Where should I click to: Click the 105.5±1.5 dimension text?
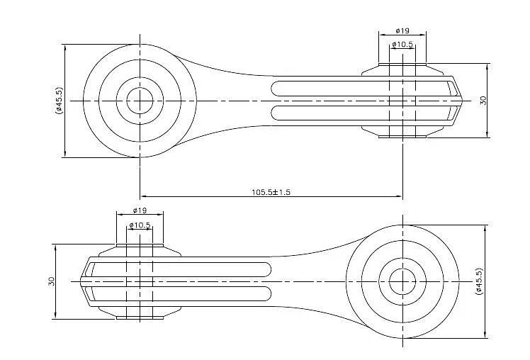click(271, 191)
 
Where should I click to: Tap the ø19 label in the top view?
click(402, 30)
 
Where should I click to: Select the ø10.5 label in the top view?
click(403, 45)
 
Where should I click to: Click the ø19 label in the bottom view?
click(140, 210)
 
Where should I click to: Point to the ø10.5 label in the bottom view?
click(140, 225)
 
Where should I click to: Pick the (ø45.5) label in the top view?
click(59, 101)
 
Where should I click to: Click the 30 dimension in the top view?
click(483, 100)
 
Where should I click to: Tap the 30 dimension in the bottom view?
click(51, 281)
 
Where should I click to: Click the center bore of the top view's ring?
click(140, 101)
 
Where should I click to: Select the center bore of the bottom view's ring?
click(402, 281)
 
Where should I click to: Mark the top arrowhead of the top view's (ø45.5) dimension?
click(65, 46)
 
